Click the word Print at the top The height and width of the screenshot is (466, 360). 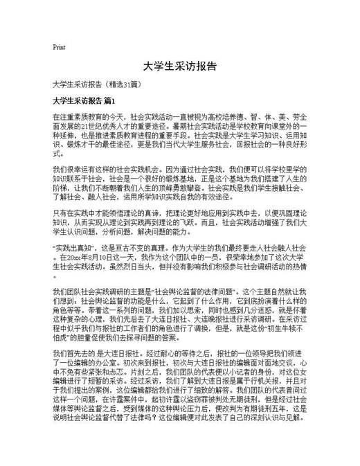[59, 48]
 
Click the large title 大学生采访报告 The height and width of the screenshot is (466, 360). [180, 67]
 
